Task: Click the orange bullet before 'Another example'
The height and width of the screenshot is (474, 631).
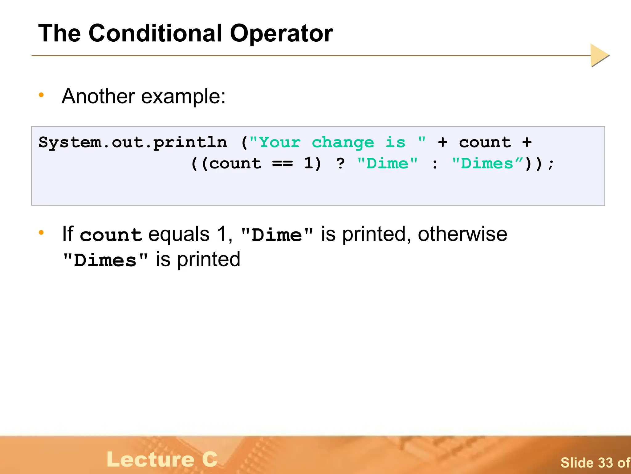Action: click(41, 95)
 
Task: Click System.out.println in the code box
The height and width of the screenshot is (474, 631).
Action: click(132, 143)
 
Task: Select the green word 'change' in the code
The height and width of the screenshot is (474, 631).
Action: click(343, 143)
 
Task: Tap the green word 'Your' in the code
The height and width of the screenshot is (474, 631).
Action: click(279, 143)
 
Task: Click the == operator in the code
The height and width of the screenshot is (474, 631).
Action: click(282, 164)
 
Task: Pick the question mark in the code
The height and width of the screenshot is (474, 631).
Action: click(340, 163)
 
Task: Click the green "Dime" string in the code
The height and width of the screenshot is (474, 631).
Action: click(387, 163)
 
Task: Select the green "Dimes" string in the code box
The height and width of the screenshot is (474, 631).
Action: click(487, 163)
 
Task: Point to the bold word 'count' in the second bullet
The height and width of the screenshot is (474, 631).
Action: click(111, 235)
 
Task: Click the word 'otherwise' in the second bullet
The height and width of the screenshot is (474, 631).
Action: click(462, 234)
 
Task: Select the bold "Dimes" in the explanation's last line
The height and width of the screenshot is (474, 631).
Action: click(105, 260)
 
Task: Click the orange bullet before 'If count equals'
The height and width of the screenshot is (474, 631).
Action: click(41, 233)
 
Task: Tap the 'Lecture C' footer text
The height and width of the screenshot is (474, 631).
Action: click(162, 459)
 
